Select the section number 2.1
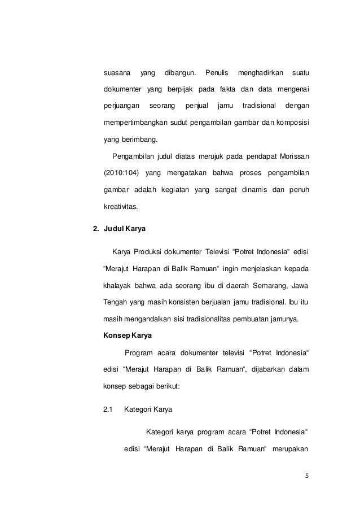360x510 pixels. coord(108,407)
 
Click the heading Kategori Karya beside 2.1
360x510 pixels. coord(150,407)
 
